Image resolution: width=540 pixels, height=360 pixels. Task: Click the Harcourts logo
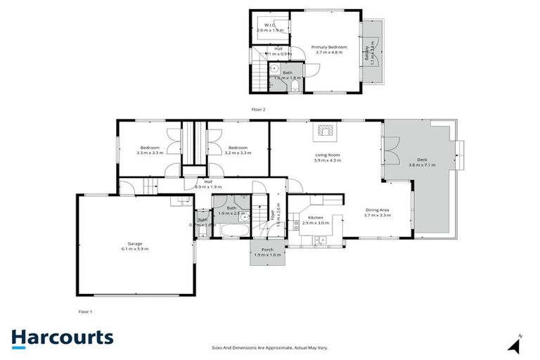pos(62,337)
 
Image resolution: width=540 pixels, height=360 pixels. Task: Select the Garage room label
pos(134,243)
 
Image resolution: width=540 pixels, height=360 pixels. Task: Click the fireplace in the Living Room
pos(326,130)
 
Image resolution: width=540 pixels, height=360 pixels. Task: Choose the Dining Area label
pos(377,210)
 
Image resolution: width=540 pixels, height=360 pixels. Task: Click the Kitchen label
pos(316,218)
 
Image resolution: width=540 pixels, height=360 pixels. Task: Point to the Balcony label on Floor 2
pos(368,51)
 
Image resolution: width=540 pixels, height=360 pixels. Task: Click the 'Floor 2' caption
pos(259,109)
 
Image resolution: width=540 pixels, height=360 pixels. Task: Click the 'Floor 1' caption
pos(85,311)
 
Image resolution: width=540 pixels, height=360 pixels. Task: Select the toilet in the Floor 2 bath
pos(294,86)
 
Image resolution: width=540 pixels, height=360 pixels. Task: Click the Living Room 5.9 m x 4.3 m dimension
pos(328,160)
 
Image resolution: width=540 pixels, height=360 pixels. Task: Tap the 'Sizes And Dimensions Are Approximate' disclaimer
pos(270,347)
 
